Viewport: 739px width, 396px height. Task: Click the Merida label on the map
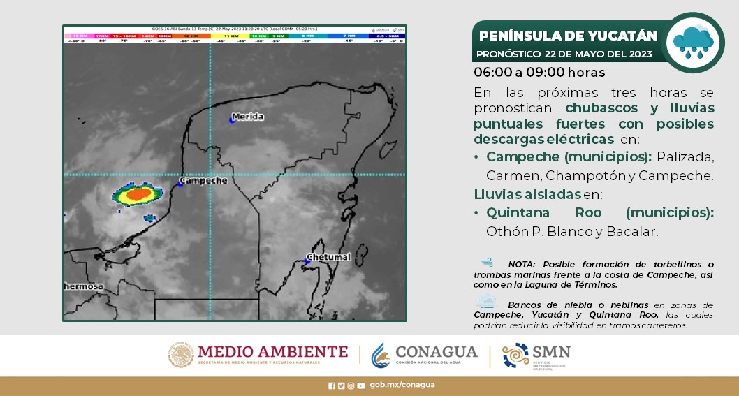click(249, 117)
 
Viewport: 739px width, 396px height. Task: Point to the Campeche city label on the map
click(204, 181)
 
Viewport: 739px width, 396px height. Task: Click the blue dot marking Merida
click(232, 120)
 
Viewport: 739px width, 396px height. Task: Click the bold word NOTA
click(522, 264)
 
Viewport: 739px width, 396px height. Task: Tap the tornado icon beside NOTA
click(488, 263)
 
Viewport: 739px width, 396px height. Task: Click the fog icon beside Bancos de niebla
click(486, 302)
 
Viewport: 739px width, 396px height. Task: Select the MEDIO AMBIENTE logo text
click(272, 352)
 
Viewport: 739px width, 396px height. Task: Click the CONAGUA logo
click(425, 355)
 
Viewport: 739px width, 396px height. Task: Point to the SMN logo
click(536, 355)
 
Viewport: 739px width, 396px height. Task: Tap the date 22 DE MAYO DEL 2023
click(599, 54)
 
